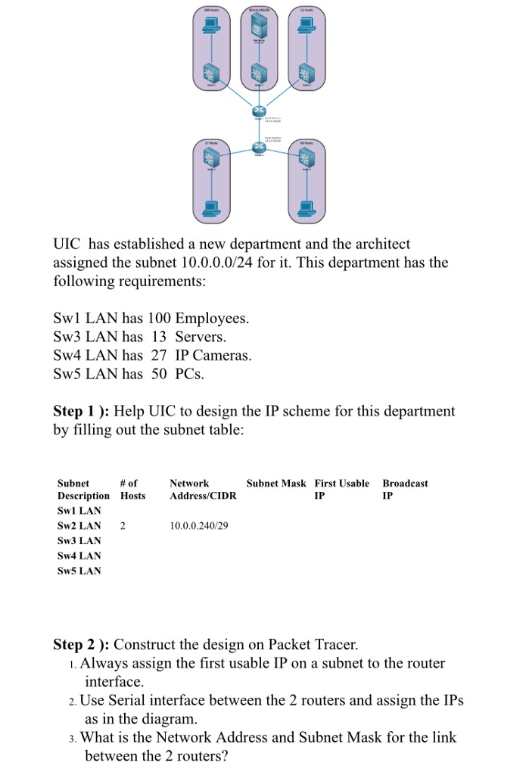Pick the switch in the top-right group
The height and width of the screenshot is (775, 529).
coord(307,74)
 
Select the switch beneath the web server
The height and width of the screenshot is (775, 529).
coord(260,74)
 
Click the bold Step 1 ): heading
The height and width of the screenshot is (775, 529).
coord(81,411)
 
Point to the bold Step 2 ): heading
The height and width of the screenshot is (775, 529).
coord(81,645)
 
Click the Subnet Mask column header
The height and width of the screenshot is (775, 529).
coord(276,483)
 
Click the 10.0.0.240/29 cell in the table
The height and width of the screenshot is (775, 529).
coord(198,525)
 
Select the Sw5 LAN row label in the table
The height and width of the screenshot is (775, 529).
coord(79,571)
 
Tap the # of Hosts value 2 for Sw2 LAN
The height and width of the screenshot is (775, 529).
coord(123,525)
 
